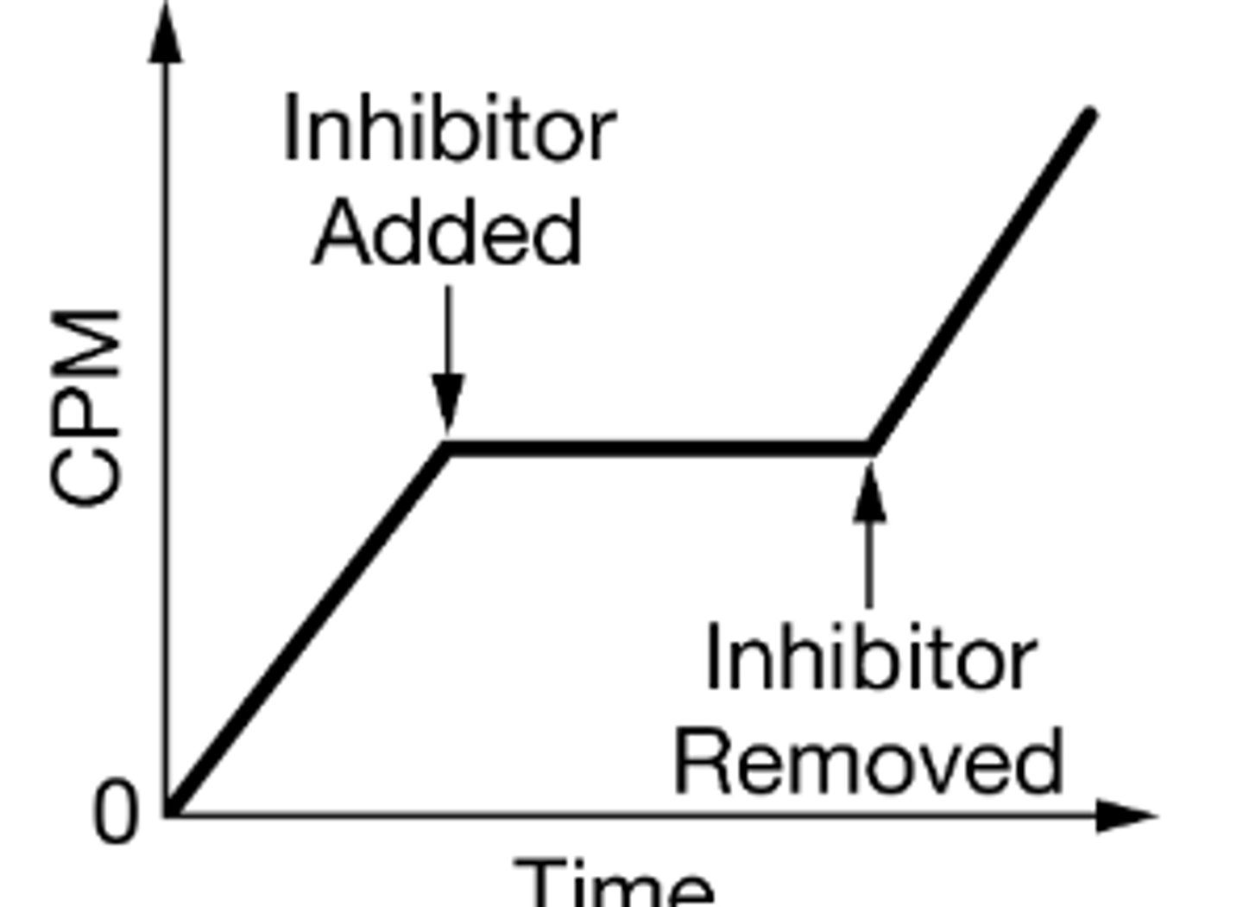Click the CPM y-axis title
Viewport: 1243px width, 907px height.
tap(85, 409)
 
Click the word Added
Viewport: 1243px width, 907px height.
tap(447, 232)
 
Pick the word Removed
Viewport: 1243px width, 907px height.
tap(869, 760)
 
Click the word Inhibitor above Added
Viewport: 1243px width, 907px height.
tap(450, 127)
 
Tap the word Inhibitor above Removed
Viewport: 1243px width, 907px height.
tap(871, 656)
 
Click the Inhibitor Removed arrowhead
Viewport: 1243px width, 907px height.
tap(869, 493)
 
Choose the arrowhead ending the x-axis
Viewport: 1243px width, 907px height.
tap(1126, 815)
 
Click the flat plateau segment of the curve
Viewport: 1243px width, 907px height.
tap(659, 448)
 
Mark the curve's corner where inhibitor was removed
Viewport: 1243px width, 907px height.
tap(871, 448)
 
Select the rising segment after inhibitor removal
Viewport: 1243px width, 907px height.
tap(981, 281)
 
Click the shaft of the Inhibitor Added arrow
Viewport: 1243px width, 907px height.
tap(448, 331)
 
